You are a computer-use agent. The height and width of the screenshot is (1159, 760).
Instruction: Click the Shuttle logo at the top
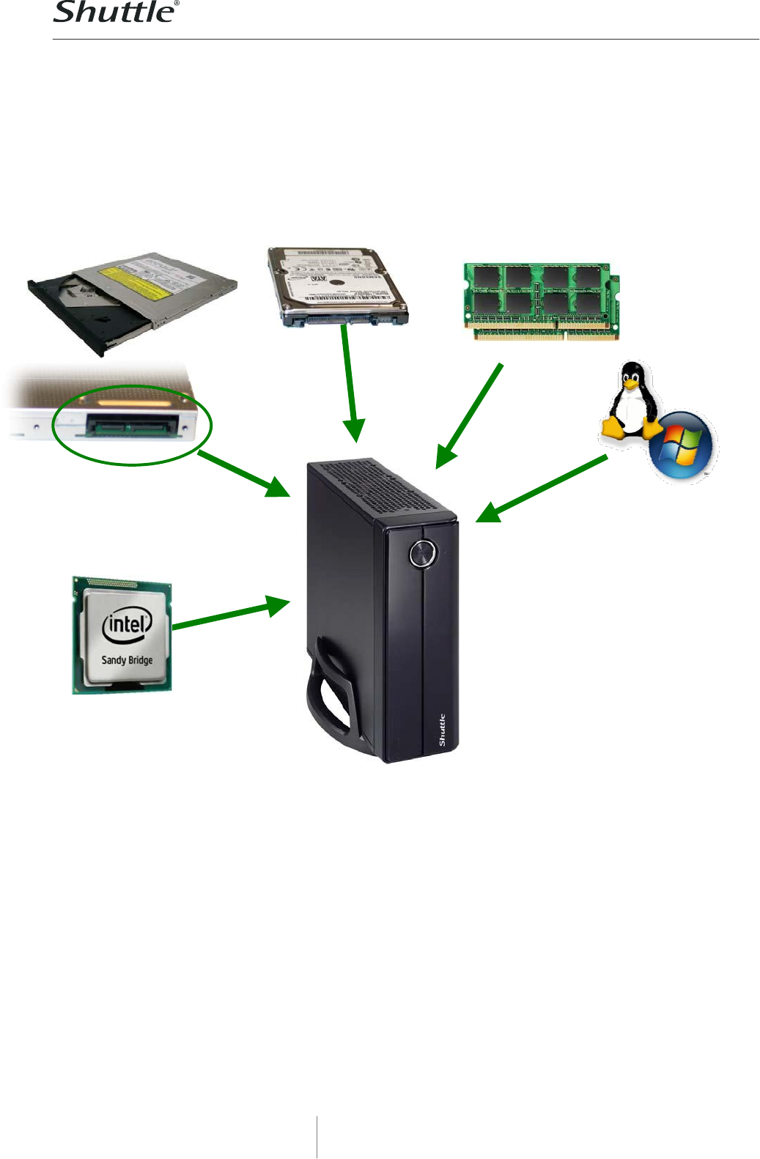point(116,12)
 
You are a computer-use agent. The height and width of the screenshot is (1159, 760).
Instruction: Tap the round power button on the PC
point(422,554)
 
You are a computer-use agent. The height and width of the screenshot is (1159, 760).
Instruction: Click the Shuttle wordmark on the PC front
point(442,730)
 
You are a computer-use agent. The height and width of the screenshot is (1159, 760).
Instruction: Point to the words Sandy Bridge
point(127,660)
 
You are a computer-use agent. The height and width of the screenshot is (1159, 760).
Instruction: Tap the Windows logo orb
point(681,446)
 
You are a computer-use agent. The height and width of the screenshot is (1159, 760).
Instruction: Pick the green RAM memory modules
point(542,301)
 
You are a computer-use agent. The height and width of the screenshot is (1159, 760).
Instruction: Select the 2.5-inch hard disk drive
point(336,287)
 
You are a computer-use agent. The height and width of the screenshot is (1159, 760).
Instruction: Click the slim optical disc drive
point(132,300)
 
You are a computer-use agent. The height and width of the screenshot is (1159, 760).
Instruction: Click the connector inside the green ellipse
point(132,426)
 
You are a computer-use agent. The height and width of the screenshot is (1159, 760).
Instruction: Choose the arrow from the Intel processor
point(231,614)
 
